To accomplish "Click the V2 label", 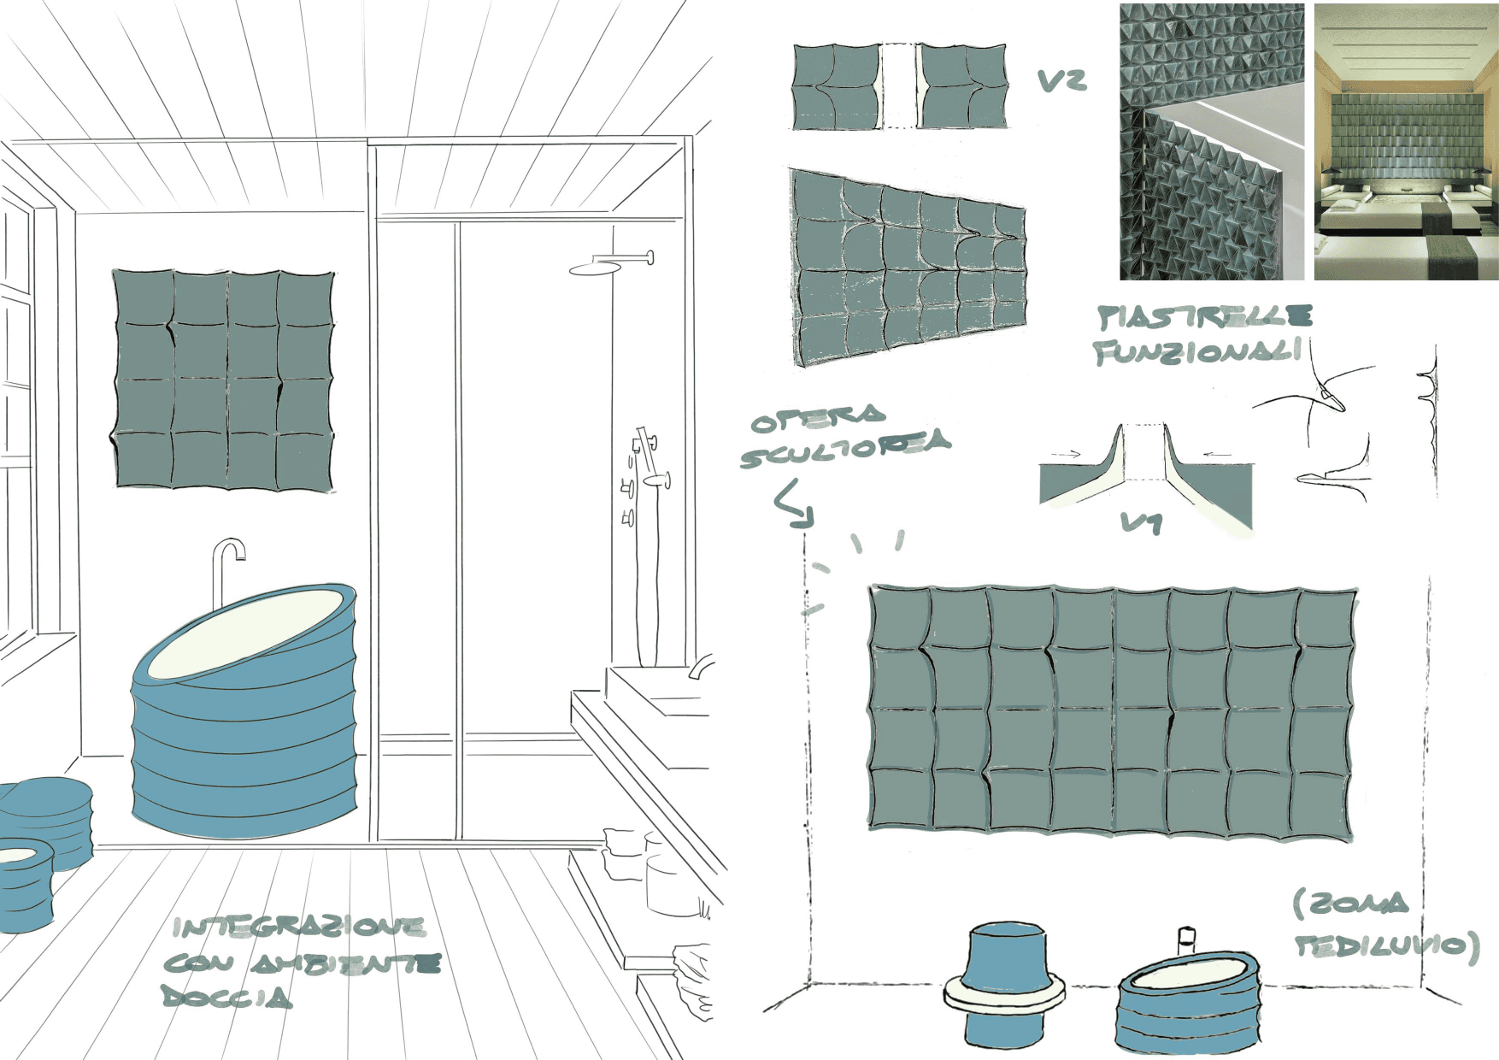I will pos(1062,80).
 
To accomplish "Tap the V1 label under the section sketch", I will pos(1142,521).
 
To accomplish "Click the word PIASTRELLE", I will pos(1205,317).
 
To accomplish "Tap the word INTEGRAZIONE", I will pos(298,927).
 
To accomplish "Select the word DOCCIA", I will pos(226,996).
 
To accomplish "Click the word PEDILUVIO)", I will pos(1386,945).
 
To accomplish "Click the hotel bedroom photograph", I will pos(1406,142).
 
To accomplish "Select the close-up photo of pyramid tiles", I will pos(1211,142).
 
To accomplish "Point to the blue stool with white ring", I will pos(1006,983).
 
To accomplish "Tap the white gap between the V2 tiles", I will pos(897,86).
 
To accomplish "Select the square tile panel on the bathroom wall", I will pos(224,380).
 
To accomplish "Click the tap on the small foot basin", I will pos(1186,939).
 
